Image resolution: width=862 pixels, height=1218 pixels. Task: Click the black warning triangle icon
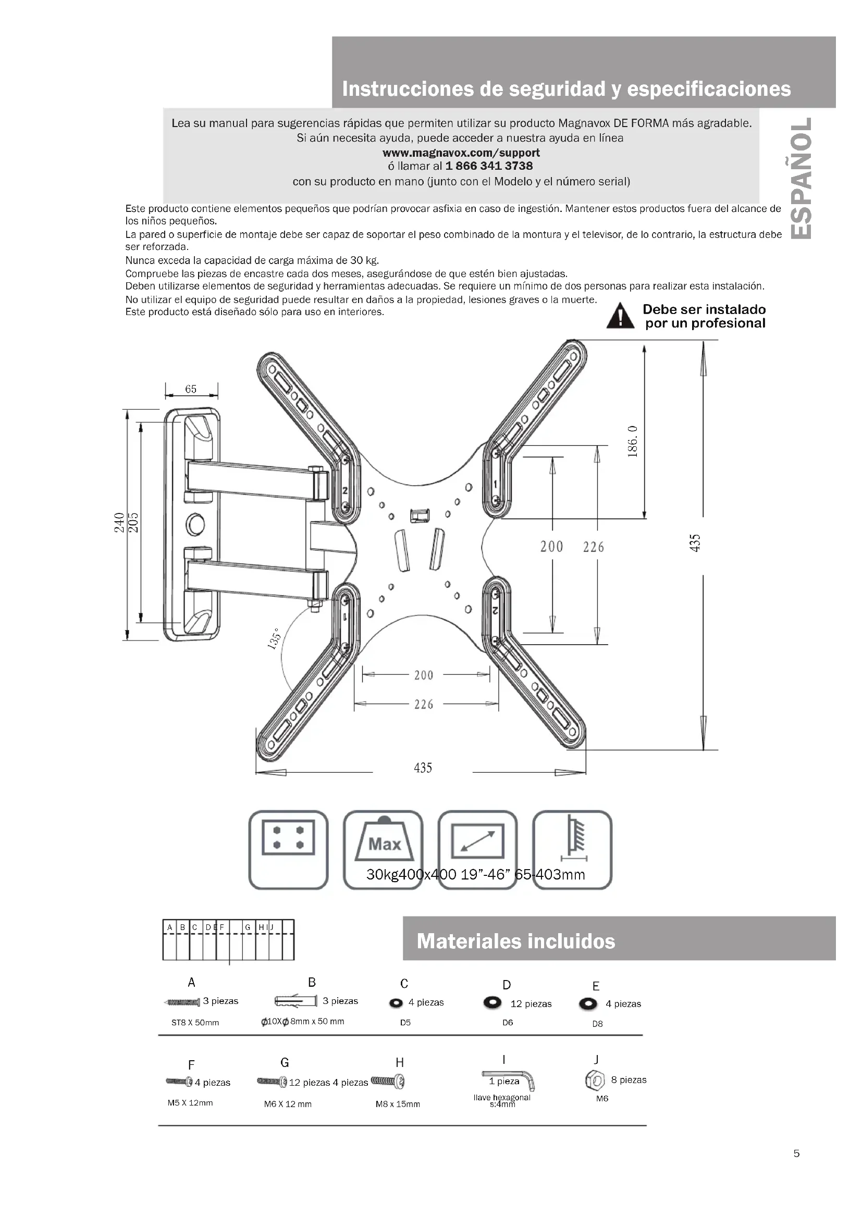621,316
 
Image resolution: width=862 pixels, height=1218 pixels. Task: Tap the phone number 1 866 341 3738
489,166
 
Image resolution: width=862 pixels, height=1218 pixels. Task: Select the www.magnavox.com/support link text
461,153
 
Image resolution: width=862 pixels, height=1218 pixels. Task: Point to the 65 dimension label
191,389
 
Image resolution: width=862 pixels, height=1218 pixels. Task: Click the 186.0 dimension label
632,441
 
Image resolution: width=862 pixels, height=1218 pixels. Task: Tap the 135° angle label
274,641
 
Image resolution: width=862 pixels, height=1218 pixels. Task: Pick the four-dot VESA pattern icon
288,838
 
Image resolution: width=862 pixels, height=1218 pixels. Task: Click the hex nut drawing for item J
595,1079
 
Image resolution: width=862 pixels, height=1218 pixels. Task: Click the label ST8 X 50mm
195,1023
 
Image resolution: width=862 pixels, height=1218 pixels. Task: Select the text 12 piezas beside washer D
531,1004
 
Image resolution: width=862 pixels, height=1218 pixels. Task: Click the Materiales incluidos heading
516,941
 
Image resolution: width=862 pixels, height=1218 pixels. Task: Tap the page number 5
796,1153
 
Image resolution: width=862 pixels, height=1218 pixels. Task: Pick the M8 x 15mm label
398,1104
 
